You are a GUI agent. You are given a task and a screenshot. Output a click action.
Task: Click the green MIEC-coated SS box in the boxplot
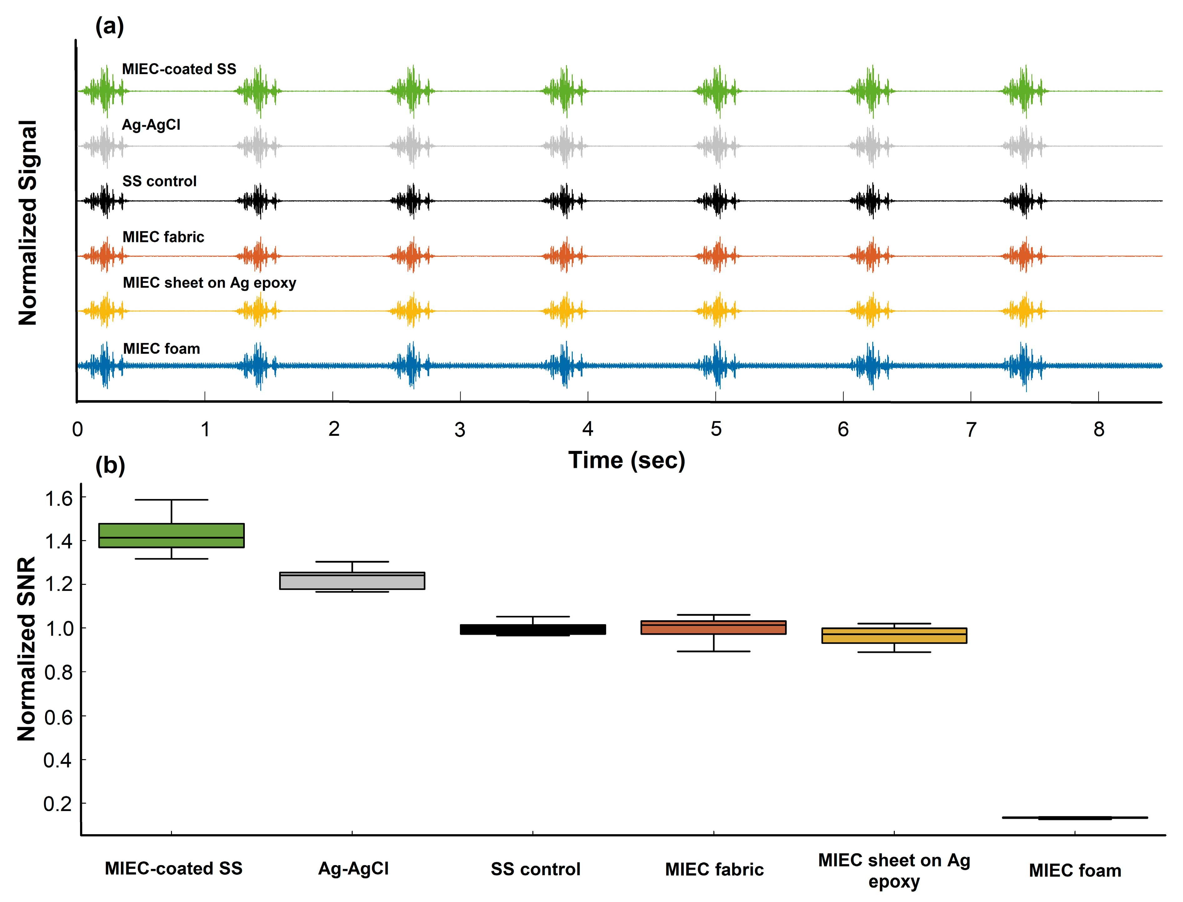coord(171,535)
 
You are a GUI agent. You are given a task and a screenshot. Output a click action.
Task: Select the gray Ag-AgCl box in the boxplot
coord(352,581)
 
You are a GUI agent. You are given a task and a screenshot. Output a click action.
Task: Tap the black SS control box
coord(533,629)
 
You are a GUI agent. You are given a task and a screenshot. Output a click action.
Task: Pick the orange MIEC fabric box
coord(713,628)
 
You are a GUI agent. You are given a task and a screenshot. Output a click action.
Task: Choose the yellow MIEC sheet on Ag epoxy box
coord(894,636)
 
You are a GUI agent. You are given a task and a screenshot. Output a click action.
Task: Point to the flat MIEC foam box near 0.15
coord(1075,818)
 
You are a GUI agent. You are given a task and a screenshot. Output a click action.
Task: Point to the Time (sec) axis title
coord(627,460)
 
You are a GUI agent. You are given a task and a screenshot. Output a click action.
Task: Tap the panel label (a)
coord(110,26)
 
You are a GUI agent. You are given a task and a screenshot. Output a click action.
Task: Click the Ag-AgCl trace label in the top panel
coord(151,125)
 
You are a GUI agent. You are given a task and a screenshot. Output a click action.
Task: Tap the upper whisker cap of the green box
coord(171,500)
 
